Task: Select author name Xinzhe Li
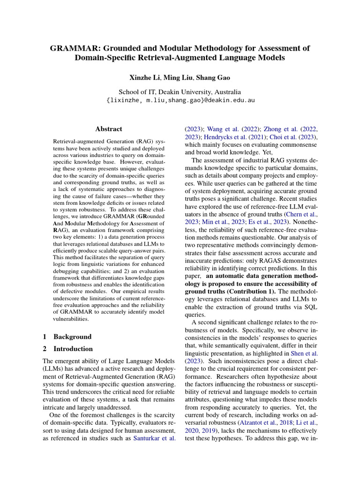click(144, 78)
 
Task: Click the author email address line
click(180, 101)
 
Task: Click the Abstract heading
click(108, 129)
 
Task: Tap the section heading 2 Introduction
click(68, 349)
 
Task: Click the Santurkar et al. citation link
click(155, 438)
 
